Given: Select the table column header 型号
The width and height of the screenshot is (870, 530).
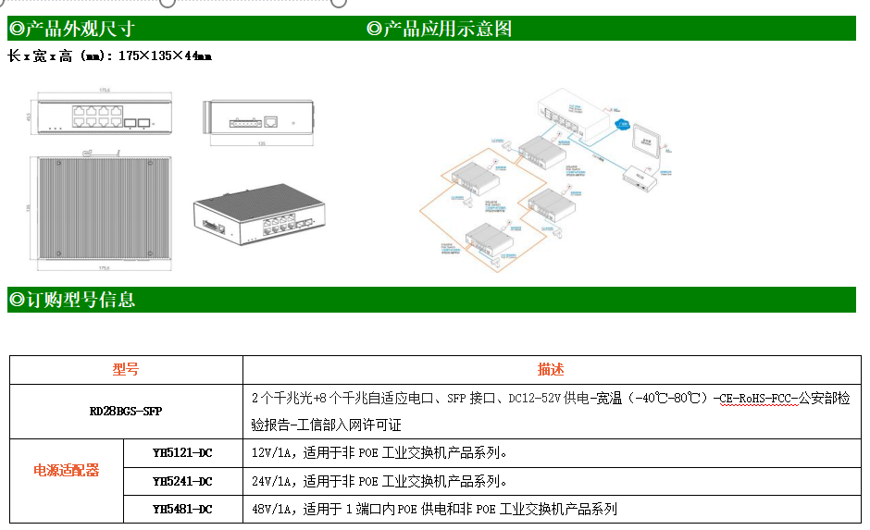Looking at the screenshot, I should (126, 369).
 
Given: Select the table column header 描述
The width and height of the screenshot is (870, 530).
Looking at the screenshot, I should (551, 369).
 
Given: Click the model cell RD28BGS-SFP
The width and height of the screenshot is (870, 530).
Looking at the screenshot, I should (126, 411).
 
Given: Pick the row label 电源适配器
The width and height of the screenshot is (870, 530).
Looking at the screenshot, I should (67, 470).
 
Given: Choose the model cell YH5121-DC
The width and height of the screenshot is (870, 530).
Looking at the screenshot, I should (182, 452).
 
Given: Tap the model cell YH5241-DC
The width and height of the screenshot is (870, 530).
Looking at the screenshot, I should (182, 481).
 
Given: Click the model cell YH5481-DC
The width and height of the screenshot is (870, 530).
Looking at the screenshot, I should (182, 509).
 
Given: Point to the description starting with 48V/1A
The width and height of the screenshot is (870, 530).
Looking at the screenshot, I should (434, 509).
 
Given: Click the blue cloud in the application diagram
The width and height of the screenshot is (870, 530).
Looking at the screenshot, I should (621, 125).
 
